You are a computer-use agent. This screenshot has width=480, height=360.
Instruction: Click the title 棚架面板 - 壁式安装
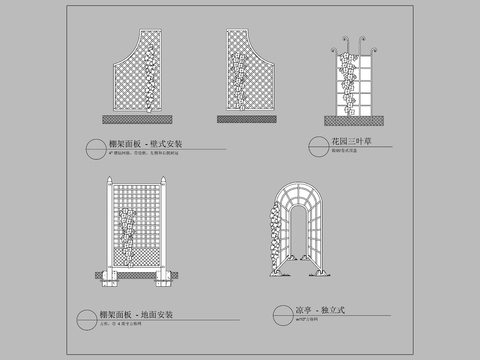(142, 145)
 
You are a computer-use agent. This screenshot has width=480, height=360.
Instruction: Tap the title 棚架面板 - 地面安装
(136, 314)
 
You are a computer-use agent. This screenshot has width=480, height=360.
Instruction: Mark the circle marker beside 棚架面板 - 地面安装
(87, 317)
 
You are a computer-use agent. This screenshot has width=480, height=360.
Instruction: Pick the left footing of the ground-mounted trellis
(104, 272)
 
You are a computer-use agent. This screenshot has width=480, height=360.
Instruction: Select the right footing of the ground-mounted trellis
(163, 272)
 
